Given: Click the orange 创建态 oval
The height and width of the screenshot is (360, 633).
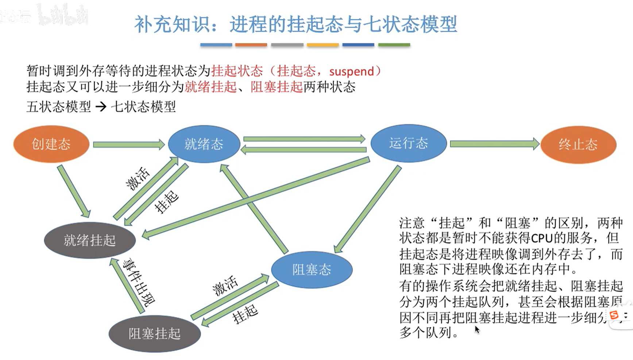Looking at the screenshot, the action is coord(51,144).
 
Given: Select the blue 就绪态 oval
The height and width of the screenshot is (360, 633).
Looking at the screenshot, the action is coord(204,144).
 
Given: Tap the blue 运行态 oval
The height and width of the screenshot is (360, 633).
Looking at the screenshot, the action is coord(408,143).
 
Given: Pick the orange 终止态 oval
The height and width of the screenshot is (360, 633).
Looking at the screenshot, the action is coord(578,144).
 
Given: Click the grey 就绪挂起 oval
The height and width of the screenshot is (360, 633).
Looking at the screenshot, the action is coord(90,240).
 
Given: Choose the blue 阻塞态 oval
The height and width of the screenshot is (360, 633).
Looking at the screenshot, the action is coord(312,270).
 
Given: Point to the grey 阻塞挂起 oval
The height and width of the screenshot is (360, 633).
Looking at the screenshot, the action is coord(154,333).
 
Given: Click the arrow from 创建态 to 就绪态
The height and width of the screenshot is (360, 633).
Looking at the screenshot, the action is coord(128,145).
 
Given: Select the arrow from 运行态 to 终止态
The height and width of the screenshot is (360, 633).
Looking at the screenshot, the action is coord(494,144).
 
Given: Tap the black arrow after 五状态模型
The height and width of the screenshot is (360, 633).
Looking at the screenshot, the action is coord(101,107).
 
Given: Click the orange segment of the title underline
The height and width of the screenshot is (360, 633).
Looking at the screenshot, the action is coord(251,45).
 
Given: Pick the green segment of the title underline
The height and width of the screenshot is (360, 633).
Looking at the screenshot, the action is coord(394,45).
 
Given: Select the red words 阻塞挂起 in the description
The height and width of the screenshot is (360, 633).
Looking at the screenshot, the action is coord(277,87).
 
